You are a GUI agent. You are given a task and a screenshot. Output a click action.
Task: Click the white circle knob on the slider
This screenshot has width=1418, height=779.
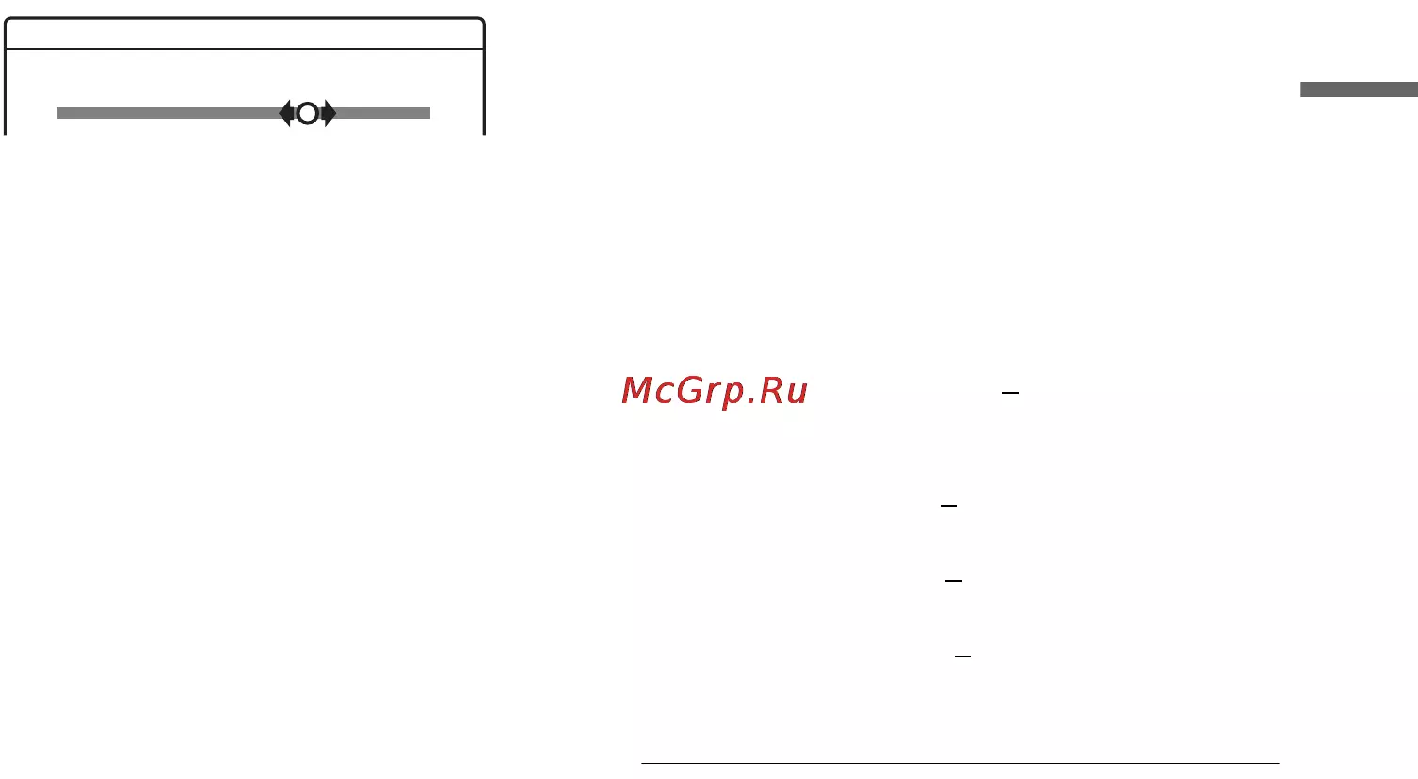308,113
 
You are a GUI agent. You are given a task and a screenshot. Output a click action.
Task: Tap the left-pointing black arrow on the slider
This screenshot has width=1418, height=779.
285,113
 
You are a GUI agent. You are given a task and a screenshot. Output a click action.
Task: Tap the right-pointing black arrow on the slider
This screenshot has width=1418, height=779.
330,113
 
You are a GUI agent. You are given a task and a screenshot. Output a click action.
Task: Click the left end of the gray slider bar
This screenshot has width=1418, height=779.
58,113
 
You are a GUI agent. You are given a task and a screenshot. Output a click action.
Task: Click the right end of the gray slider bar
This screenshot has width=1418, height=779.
429,113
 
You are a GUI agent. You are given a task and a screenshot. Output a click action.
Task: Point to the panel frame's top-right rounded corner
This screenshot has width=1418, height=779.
482,22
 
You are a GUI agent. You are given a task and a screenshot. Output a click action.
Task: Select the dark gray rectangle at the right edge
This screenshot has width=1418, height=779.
1359,89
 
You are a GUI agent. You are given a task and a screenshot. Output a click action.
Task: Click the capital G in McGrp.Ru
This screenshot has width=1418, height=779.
690,390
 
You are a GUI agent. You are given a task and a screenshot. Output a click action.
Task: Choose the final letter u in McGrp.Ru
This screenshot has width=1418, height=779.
798,394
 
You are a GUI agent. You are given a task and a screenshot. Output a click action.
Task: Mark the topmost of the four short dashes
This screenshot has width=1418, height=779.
1010,393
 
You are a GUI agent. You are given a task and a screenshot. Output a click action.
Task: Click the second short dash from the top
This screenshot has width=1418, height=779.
948,506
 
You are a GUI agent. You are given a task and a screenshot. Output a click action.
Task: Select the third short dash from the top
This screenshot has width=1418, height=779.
954,581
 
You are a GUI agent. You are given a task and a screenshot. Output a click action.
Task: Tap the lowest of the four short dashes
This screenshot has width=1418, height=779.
962,657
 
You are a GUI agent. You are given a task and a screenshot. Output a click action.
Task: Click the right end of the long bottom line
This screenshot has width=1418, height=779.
1279,763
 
